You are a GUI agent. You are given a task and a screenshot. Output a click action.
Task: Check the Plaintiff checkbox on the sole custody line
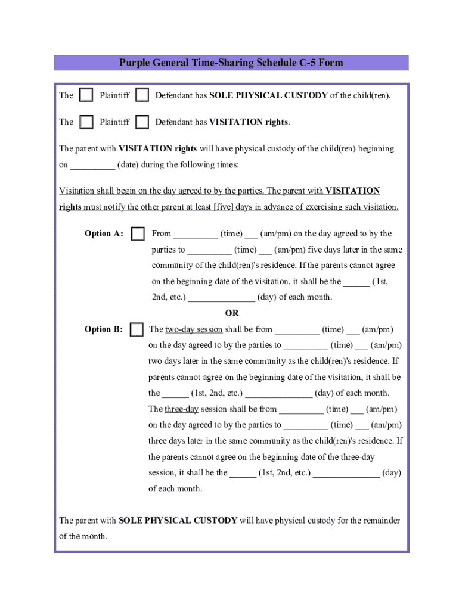(86, 95)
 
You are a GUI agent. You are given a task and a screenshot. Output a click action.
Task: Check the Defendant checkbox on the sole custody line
(142, 95)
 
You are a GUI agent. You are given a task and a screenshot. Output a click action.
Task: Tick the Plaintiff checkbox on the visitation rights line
(86, 122)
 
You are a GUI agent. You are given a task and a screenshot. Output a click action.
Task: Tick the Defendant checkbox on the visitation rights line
(142, 122)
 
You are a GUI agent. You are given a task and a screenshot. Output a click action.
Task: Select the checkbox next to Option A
(138, 234)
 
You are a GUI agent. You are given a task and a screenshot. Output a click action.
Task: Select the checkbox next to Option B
(137, 329)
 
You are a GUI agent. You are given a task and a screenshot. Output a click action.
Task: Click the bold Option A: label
(104, 234)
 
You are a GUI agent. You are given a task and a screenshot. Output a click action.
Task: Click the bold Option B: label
(104, 329)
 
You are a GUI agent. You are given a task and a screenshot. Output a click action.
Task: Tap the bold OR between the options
(231, 313)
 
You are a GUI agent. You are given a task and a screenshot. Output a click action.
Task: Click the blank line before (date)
(92, 165)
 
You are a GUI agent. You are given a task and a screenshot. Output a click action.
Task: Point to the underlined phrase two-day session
(194, 329)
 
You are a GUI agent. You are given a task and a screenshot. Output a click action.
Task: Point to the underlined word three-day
(182, 409)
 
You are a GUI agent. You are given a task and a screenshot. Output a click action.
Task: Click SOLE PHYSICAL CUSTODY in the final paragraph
(178, 521)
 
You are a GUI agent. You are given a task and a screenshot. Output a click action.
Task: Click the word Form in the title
(333, 63)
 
